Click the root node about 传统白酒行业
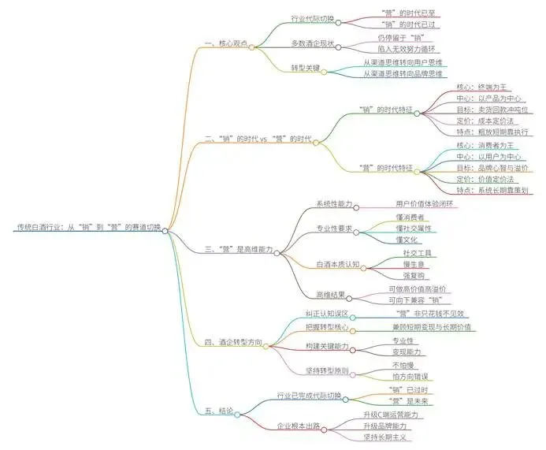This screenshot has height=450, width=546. [87, 227]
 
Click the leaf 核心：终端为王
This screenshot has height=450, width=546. [484, 87]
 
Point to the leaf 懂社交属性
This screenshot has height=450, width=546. [414, 228]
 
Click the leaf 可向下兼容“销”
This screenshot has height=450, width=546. [417, 300]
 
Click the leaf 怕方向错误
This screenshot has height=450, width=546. [410, 377]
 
